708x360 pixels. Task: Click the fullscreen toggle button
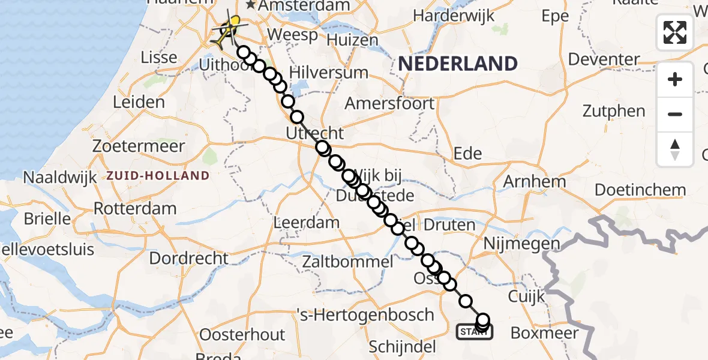pos(675,32)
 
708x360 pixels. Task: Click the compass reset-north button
pos(675,149)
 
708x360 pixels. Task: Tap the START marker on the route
pos(474,331)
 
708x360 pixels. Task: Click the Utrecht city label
pos(315,133)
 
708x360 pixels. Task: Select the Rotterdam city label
pos(135,209)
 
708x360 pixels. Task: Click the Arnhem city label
pos(534,181)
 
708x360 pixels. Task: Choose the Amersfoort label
pos(390,103)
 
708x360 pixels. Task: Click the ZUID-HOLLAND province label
pos(158,176)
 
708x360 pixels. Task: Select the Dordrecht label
pos(188,259)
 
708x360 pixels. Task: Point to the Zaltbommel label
pos(348,262)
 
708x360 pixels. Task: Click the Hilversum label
pos(328,73)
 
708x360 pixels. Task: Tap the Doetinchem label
pos(640,190)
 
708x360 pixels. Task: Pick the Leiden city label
pos(139,102)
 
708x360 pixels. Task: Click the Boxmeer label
pos(544,333)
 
